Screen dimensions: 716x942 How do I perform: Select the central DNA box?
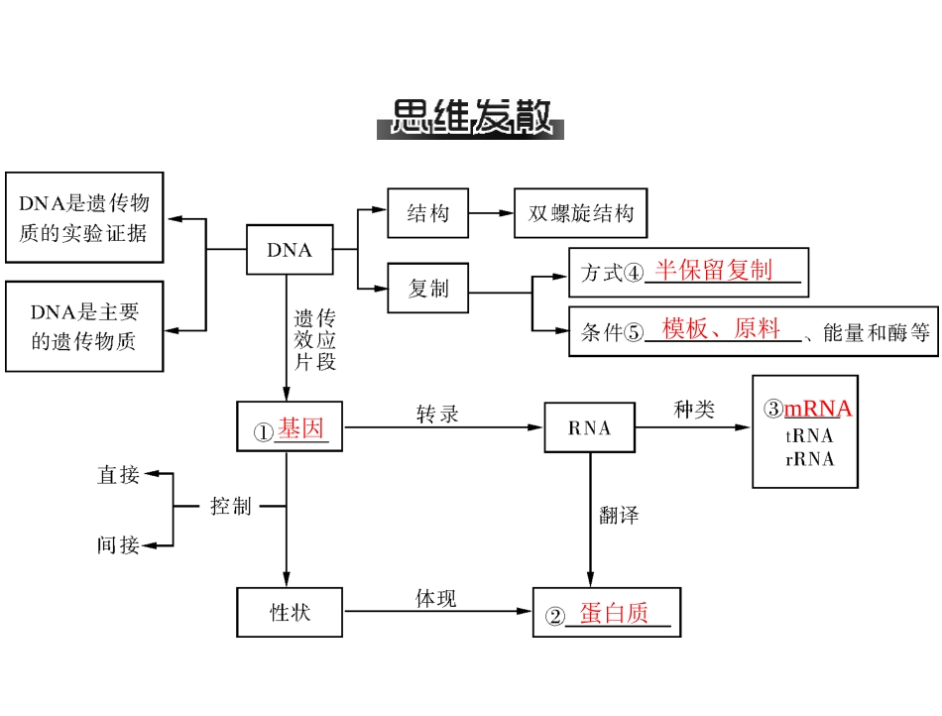click(290, 250)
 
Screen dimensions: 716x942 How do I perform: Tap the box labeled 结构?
click(428, 213)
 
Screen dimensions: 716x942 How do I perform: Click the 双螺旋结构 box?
click(580, 213)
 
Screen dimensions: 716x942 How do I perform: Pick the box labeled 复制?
click(428, 288)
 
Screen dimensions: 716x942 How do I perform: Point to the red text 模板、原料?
click(721, 330)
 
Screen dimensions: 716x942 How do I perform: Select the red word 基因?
click(300, 429)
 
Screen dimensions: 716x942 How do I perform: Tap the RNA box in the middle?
click(590, 428)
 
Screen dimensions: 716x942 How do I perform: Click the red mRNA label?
click(818, 410)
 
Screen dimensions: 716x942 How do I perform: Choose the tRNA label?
click(809, 435)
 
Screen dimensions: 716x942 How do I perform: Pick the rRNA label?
click(809, 459)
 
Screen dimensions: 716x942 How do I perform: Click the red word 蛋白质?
click(614, 614)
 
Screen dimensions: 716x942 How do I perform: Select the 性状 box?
click(290, 612)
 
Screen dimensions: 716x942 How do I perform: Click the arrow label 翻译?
click(619, 515)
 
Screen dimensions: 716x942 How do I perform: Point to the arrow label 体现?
click(436, 599)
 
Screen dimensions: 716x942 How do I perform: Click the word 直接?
click(118, 475)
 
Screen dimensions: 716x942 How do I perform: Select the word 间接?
click(118, 544)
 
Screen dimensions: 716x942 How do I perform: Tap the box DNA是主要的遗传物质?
click(84, 326)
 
